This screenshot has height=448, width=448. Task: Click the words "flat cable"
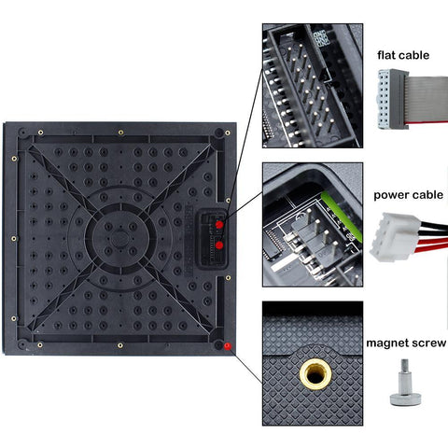click(403, 55)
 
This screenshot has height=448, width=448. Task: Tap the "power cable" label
click(406, 196)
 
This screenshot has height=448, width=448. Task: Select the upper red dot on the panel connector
click(219, 225)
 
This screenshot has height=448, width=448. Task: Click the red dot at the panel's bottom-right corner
click(228, 347)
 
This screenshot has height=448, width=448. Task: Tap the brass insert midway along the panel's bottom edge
click(119, 343)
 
